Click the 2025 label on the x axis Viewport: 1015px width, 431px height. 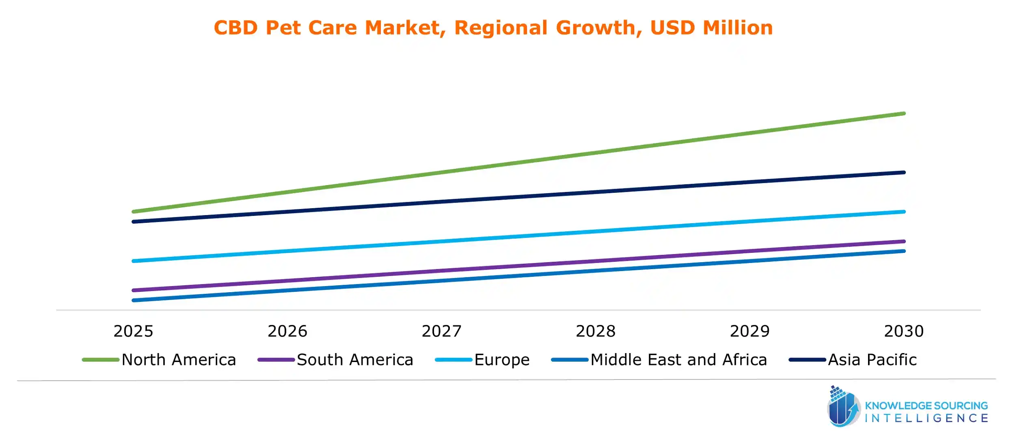tap(133, 332)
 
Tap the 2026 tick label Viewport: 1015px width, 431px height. tap(287, 332)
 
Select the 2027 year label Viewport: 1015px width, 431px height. tap(442, 332)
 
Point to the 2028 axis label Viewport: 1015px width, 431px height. tap(596, 332)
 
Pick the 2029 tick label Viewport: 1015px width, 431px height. tap(750, 332)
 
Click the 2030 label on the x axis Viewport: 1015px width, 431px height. tap(904, 332)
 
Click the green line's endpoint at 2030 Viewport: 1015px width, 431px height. tap(904, 114)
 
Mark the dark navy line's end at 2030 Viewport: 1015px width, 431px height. tap(904, 172)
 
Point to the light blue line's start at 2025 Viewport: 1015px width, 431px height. tap(134, 261)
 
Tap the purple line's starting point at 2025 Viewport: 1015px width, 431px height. tap(134, 290)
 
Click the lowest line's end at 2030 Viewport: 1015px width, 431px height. tap(904, 251)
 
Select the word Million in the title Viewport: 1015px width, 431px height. tap(738, 28)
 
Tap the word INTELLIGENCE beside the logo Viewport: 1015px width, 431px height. tap(926, 418)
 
